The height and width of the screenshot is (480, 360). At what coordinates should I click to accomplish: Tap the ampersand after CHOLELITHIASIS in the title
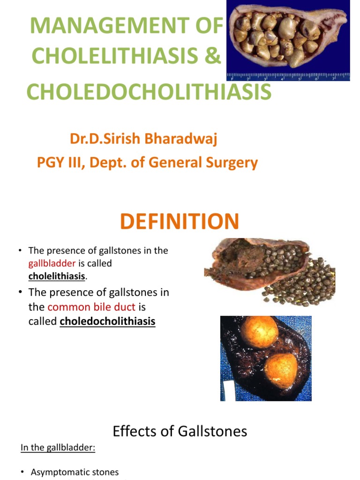point(213,57)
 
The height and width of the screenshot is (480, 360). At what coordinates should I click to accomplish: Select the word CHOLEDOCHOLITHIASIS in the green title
point(149,91)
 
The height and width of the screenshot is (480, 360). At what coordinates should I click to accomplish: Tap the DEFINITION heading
point(180,221)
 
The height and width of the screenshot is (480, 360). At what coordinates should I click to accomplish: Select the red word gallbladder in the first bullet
point(52,263)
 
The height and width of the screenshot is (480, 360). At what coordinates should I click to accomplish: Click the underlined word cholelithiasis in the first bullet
point(57,276)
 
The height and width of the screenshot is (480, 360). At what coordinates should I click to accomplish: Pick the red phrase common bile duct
point(91,307)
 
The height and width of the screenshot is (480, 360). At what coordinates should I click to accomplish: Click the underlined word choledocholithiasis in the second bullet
point(107,322)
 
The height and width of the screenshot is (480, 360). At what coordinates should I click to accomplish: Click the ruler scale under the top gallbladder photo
point(288,77)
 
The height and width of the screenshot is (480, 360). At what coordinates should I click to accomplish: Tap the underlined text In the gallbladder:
point(58,448)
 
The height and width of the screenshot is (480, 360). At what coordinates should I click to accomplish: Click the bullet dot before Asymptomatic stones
point(23,472)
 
